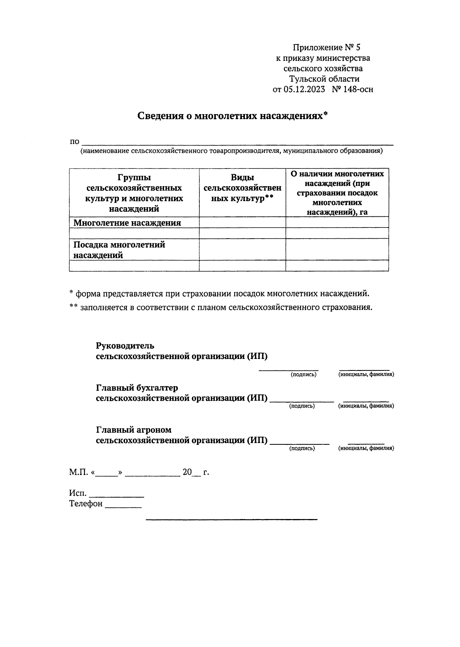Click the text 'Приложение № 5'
pyautogui.click(x=327, y=48)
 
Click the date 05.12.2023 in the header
pyautogui.click(x=304, y=89)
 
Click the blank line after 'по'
pyautogui.click(x=238, y=143)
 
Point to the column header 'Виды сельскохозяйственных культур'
pyautogui.click(x=242, y=188)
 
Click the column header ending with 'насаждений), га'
pyautogui.click(x=337, y=193)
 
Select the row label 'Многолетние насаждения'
pyautogui.click(x=127, y=223)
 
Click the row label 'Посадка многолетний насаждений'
pyautogui.click(x=119, y=250)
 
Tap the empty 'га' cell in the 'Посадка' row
pyautogui.click(x=337, y=249)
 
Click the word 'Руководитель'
pyautogui.click(x=125, y=346)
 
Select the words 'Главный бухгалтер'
pyautogui.click(x=137, y=388)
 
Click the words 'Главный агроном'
pyautogui.click(x=133, y=430)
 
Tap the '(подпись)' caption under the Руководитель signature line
pyautogui.click(x=304, y=375)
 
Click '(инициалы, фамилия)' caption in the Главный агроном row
pyautogui.click(x=366, y=448)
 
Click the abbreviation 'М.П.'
pyautogui.click(x=79, y=472)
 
